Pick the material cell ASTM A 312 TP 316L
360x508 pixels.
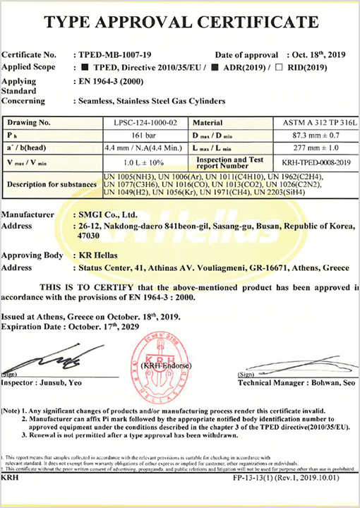point(314,122)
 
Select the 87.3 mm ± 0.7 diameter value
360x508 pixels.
point(313,134)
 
